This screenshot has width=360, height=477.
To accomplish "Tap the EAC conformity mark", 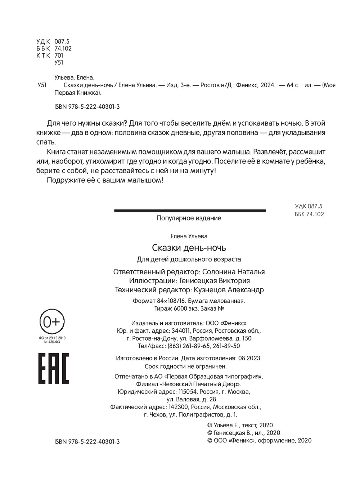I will [54, 368].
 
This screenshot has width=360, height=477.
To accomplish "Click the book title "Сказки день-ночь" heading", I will [189, 248].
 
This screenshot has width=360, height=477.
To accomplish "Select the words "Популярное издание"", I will [189, 218].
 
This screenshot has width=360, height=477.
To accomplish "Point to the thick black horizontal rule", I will [190, 211].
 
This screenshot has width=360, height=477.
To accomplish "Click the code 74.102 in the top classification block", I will [63, 49].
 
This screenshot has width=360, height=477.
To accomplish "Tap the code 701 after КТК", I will [59, 55].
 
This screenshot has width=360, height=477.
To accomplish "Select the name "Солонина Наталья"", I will [233, 272].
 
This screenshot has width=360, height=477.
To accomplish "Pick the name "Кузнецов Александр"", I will [229, 290].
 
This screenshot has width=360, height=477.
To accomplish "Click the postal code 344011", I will [181, 331].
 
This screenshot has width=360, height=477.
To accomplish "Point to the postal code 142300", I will [179, 407].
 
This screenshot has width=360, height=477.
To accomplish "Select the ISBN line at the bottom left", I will [87, 441].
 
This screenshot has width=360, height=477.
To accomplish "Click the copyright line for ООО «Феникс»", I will [260, 440].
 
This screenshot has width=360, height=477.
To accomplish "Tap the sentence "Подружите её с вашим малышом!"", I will [105, 180].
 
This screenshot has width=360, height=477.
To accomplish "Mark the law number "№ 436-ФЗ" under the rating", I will [52, 342].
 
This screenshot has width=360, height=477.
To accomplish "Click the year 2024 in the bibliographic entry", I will [267, 85].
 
